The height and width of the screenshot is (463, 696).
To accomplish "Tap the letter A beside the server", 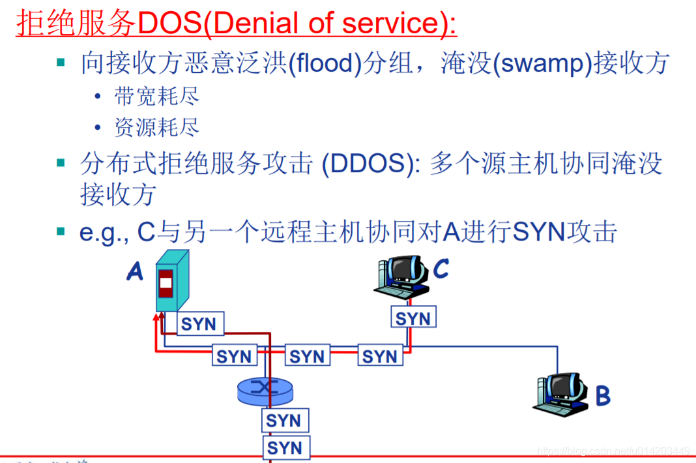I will (x=135, y=271).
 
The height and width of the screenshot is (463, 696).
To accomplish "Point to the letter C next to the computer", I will (x=441, y=268).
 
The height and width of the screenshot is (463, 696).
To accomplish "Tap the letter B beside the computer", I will (x=603, y=395).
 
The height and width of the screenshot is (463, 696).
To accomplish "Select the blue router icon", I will (x=265, y=390).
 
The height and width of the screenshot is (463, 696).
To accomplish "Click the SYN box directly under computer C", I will (x=413, y=318).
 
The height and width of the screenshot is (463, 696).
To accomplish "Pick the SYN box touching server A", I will (x=198, y=324).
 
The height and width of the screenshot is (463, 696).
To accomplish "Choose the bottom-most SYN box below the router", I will (x=285, y=448).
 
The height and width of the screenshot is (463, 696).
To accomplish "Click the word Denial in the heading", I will (x=248, y=23).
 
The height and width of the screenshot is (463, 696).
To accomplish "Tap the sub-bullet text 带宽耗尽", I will (x=156, y=97).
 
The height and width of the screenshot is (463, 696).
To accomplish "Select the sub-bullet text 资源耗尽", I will (x=156, y=127).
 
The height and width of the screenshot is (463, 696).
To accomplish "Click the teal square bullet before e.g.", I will (x=61, y=231).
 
